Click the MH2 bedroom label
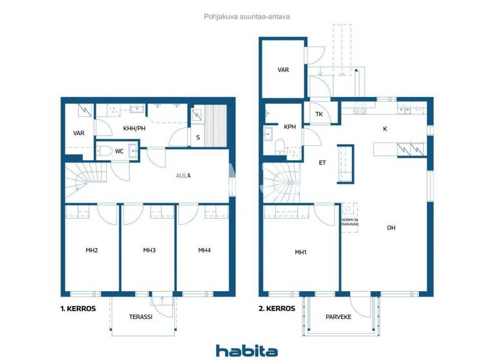[91, 250]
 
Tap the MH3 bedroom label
[149, 250]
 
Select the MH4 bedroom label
[205, 250]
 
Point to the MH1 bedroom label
[300, 252]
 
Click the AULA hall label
[184, 175]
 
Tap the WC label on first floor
[119, 152]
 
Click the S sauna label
[197, 138]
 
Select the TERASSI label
[142, 317]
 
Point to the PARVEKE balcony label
[339, 316]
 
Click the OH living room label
[391, 228]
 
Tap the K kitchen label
[385, 129]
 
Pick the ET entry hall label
[322, 163]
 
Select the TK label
[319, 114]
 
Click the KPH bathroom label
[290, 127]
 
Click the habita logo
[247, 350]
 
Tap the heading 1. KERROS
[78, 309]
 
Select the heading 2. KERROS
[277, 309]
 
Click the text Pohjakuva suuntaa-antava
[248, 17]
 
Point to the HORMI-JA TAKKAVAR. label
[349, 223]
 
